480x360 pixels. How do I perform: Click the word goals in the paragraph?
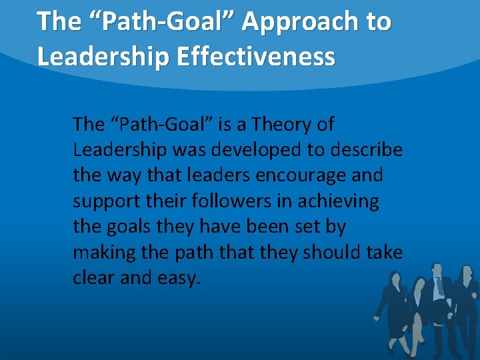click(x=130, y=227)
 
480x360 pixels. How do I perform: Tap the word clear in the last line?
click(x=94, y=278)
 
